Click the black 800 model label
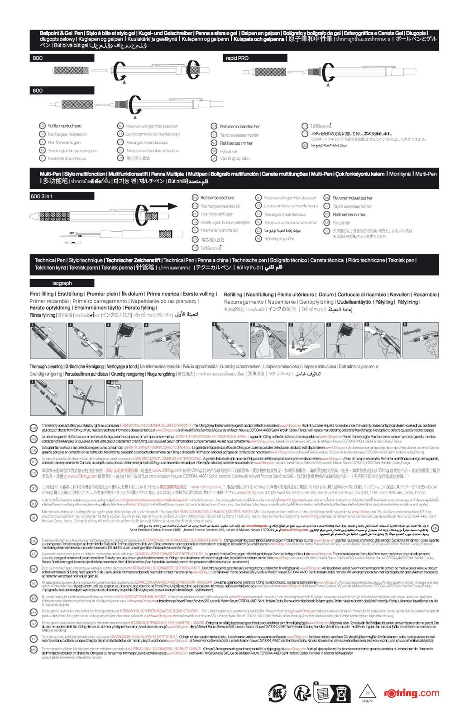click(38, 58)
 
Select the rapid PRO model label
click(237, 58)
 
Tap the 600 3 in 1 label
click(42, 196)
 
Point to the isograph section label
click(62, 283)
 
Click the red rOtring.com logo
click(411, 693)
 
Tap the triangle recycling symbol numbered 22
click(367, 693)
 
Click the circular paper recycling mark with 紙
click(277, 693)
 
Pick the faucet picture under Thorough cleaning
click(124, 398)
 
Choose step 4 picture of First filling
click(162, 340)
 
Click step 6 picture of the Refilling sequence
click(421, 340)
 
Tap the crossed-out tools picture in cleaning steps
click(86, 398)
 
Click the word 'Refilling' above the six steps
click(233, 295)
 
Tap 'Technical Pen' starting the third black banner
click(50, 260)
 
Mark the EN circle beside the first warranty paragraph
click(33, 428)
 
